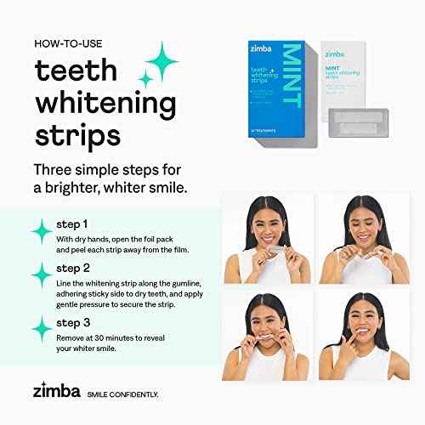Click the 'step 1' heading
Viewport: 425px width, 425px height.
click(73, 224)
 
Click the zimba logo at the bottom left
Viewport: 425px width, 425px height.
click(57, 393)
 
